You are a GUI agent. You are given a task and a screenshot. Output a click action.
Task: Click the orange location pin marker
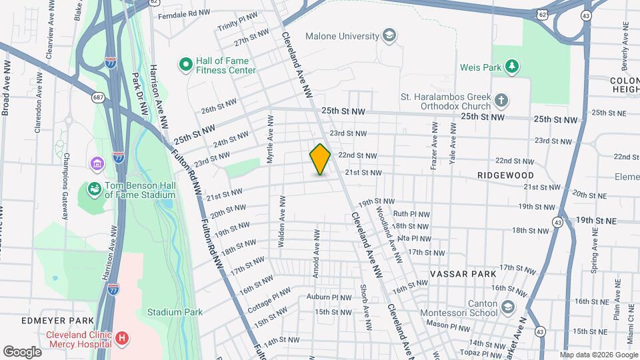click(320, 159)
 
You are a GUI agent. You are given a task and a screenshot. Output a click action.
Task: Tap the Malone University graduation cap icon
click(389, 36)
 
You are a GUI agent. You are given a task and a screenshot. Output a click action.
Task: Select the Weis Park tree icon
click(512, 66)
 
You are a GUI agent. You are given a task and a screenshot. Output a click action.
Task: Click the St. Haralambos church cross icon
click(501, 101)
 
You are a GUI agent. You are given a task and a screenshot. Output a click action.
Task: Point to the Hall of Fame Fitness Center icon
click(186, 65)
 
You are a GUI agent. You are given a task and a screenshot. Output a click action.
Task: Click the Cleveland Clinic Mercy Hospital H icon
click(121, 339)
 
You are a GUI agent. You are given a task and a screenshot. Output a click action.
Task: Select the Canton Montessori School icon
click(508, 307)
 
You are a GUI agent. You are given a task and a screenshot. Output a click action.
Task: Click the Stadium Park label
click(175, 311)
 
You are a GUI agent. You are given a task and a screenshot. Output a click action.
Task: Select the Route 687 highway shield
click(97, 97)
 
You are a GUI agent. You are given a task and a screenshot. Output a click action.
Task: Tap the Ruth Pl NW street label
click(412, 214)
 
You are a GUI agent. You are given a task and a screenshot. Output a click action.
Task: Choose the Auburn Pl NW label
click(329, 297)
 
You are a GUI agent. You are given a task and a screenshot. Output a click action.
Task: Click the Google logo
click(22, 351)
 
